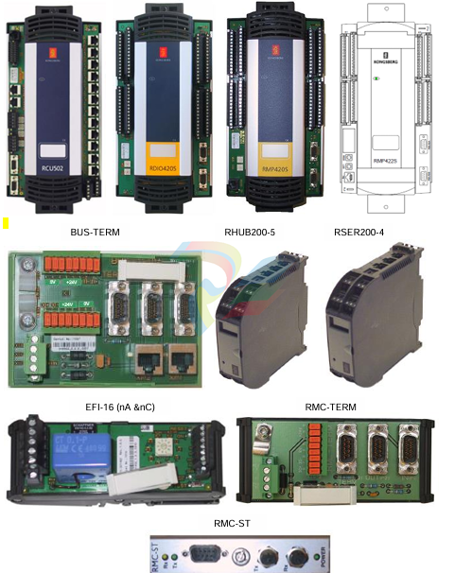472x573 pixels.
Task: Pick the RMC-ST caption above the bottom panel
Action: click(x=236, y=521)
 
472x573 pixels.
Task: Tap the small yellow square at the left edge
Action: click(x=6, y=223)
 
